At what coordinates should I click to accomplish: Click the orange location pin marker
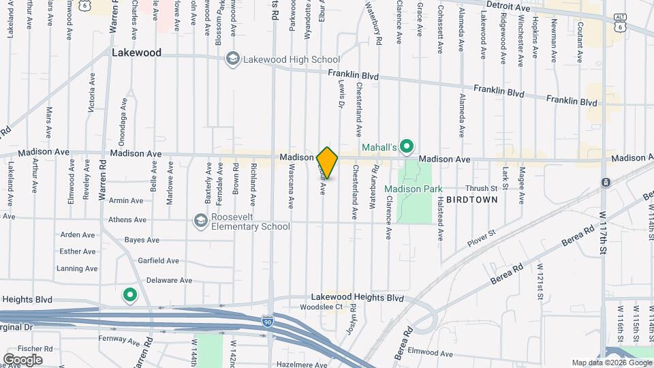pos(328,162)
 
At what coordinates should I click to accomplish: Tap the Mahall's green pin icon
pos(407,146)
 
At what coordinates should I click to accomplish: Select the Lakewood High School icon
pos(234,59)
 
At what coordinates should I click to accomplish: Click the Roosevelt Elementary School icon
pos(200,220)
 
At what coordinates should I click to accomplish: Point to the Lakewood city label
pos(137,52)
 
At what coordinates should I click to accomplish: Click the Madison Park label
pos(413,189)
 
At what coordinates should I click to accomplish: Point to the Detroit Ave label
pos(508,7)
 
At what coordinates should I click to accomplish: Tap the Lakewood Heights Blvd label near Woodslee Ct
pos(357,298)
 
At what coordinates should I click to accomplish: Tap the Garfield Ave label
pos(158,260)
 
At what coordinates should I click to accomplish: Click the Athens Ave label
pos(127,220)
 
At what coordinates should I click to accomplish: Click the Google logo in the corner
pos(23,359)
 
